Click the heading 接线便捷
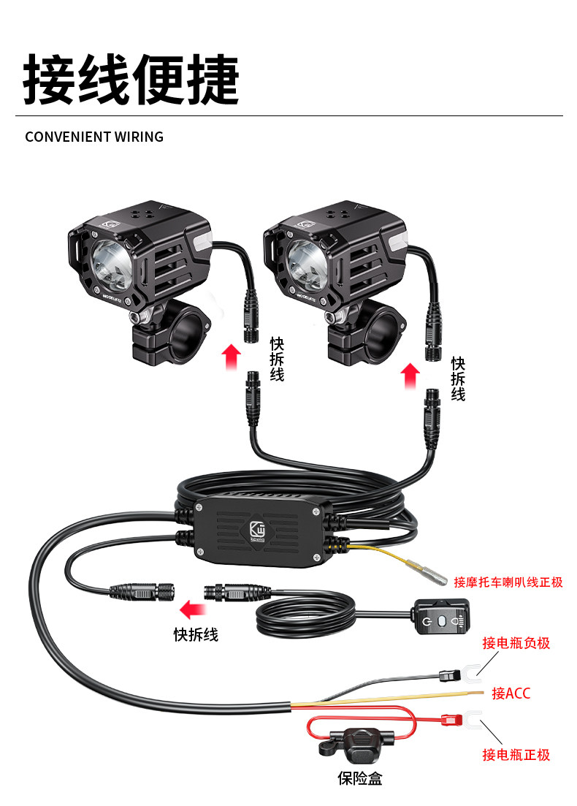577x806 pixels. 131,79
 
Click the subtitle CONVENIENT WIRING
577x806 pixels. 94,137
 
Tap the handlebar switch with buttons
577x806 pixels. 441,620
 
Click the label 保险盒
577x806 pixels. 359,779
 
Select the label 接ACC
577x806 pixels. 511,693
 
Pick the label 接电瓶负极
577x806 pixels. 516,643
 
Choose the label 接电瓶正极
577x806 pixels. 516,755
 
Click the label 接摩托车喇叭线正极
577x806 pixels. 508,582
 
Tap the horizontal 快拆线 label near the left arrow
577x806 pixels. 196,634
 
